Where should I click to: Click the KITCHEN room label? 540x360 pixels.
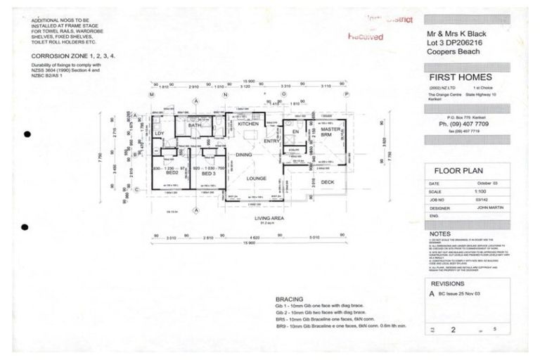point(247,124)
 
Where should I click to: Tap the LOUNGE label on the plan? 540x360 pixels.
point(256,179)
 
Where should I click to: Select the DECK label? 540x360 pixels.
point(328,182)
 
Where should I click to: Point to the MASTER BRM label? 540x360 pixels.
point(330,132)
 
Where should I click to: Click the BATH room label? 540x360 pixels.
point(194,126)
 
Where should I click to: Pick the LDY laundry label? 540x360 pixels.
point(159,133)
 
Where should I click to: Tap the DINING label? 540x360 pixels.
point(243,155)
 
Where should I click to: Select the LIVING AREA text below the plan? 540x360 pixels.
point(269,219)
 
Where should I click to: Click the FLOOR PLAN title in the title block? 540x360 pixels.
point(458,171)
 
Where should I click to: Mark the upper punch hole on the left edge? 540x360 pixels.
point(27,134)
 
